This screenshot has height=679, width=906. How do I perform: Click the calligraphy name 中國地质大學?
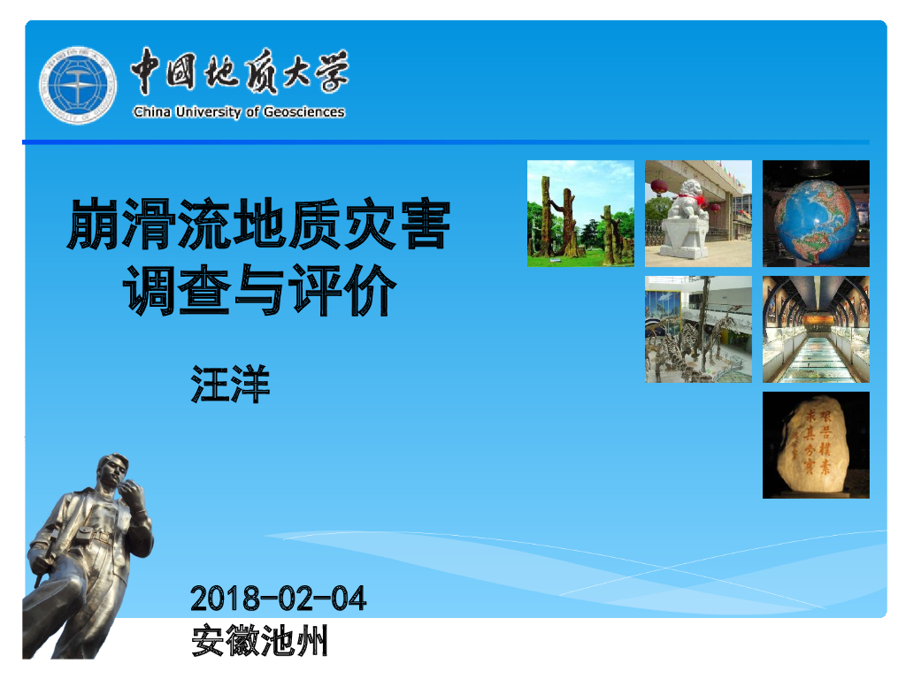(239, 73)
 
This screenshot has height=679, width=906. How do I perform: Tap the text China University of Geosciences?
(239, 112)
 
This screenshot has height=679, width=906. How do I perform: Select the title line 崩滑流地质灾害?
(259, 225)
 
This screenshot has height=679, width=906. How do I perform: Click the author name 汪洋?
(230, 386)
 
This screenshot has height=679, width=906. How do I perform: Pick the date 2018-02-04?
(279, 599)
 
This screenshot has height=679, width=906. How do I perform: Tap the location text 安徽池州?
(259, 640)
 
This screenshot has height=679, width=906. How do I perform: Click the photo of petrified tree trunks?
(580, 213)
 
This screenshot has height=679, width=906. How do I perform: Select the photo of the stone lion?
(698, 213)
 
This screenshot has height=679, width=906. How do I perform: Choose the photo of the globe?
(816, 213)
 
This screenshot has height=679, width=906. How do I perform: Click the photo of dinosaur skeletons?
(698, 329)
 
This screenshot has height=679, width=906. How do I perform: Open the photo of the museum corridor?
(816, 329)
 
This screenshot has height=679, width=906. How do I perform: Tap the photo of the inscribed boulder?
(816, 445)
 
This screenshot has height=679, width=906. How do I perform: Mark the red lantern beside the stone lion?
(658, 187)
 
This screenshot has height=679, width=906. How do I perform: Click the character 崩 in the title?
(95, 225)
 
